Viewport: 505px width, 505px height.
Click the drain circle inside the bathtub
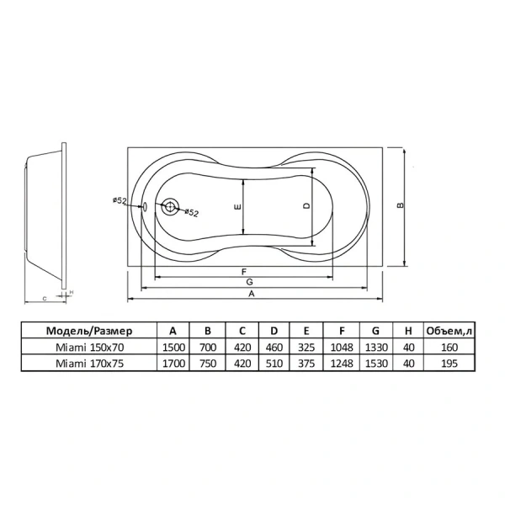170,206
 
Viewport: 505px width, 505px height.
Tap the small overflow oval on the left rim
145,206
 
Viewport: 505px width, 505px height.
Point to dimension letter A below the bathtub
252,294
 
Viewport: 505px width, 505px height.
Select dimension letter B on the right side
401,205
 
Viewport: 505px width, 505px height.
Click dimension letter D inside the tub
306,205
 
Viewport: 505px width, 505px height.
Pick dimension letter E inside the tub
237,206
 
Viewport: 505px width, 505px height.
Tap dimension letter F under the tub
244,272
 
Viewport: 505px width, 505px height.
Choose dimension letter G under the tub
249,282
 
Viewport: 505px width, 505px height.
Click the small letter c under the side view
45,299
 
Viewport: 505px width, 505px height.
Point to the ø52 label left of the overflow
120,200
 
